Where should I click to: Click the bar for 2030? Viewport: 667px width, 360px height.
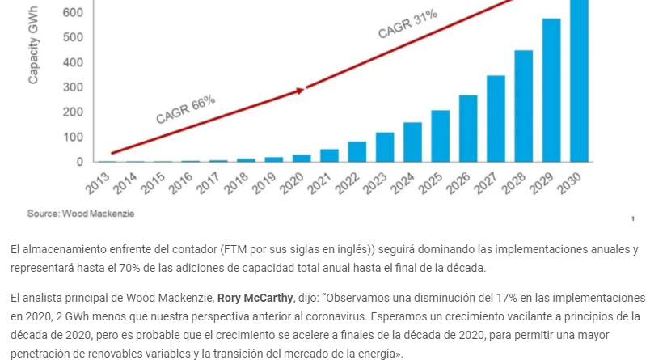(580, 81)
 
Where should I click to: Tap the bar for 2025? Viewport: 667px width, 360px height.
(441, 136)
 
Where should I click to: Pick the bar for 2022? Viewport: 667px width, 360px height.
(357, 151)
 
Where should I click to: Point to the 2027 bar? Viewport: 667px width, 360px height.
(496, 118)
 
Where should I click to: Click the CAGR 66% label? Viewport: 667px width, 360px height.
(186, 109)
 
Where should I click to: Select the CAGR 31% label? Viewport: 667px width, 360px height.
(407, 25)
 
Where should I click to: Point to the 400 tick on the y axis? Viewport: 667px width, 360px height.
(73, 62)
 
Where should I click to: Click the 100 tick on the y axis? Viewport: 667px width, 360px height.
(73, 137)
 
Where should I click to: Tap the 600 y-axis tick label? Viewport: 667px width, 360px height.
(73, 13)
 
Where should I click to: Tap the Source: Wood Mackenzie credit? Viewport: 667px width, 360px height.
(81, 213)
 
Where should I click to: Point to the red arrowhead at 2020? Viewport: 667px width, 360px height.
(300, 91)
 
